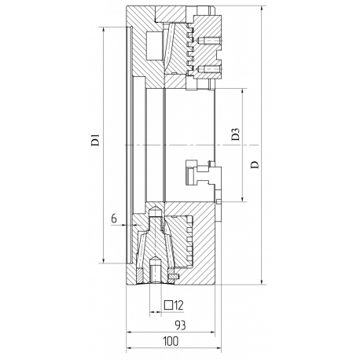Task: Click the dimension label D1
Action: click(95, 139)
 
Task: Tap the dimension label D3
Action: click(236, 134)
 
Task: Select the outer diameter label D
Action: click(255, 164)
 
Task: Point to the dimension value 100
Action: click(171, 341)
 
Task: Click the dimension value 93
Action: click(180, 325)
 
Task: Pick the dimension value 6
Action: click(114, 218)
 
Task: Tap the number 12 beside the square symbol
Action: click(178, 305)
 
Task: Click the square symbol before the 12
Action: click(168, 305)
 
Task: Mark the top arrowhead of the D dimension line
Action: click(262, 9)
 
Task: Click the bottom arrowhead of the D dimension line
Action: click(262, 281)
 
